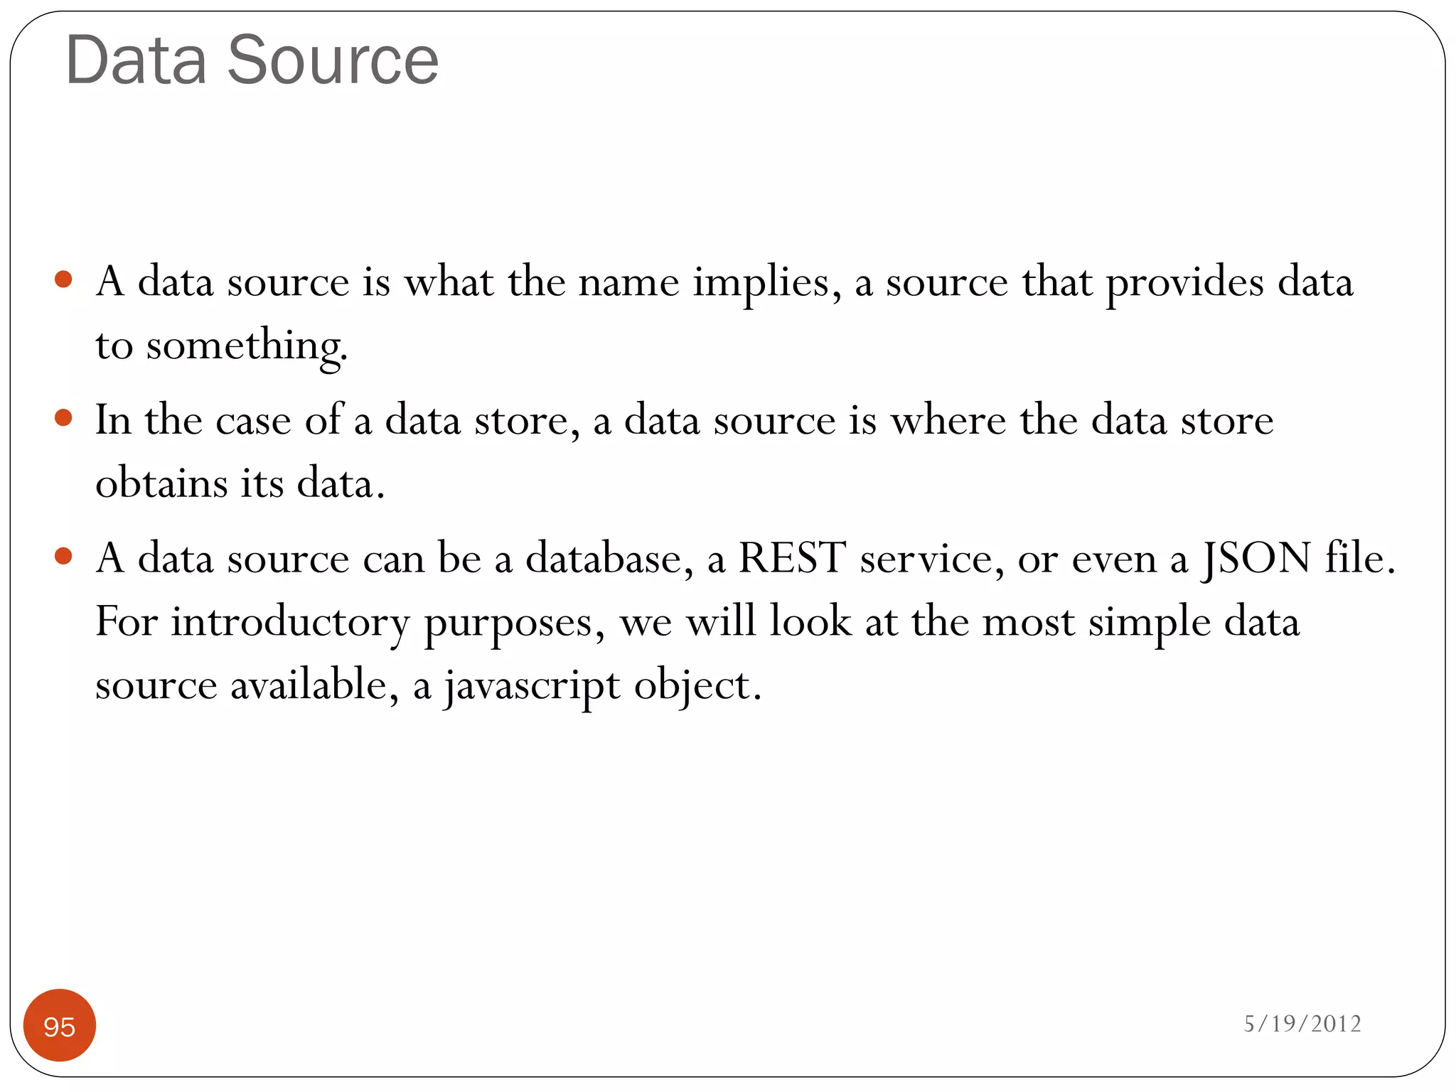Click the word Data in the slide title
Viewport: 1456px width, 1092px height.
[x=136, y=61]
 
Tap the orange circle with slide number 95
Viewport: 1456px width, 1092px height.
[x=60, y=1025]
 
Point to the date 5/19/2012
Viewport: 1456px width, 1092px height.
[x=1302, y=1023]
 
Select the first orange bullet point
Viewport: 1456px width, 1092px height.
[x=63, y=278]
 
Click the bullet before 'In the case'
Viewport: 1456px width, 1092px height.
[x=63, y=417]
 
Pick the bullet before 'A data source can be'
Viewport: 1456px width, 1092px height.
[x=63, y=555]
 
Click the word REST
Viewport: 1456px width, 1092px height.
[x=792, y=557]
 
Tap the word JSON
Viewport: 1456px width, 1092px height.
[x=1256, y=559]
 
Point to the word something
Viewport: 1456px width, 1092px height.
[x=247, y=347]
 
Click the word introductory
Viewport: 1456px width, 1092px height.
[x=290, y=622]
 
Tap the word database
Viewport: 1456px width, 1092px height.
[x=609, y=557]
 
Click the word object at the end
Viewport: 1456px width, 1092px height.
[x=697, y=687]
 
